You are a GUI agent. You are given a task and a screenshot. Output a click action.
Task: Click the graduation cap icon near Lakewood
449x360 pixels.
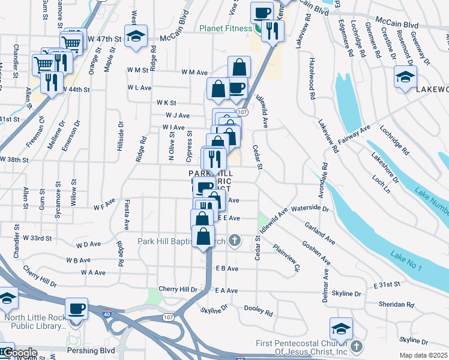click(x=405, y=76)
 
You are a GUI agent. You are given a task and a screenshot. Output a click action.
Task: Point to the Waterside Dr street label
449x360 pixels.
click(x=310, y=209)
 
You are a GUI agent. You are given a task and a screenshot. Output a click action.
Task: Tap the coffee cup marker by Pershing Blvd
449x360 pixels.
click(x=77, y=309)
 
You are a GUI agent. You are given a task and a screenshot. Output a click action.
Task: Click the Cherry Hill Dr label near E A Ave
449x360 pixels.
click(x=178, y=289)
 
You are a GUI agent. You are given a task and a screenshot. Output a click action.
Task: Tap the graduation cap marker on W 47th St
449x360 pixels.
click(x=136, y=37)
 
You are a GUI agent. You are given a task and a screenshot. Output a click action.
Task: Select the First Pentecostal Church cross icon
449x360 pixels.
click(x=357, y=346)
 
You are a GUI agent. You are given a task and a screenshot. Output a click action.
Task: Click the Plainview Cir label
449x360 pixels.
click(x=286, y=256)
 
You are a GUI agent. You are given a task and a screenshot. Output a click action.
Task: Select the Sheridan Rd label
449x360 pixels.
click(x=393, y=304)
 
